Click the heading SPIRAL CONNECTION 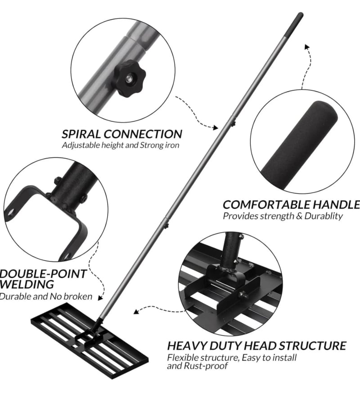pos(122,134)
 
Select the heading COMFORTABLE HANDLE pos(291,205)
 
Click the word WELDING pos(27,284)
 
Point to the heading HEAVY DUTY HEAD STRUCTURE pos(256,346)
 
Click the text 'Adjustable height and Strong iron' pos(121,145)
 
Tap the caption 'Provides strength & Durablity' pos(283,216)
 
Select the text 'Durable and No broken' pos(46,296)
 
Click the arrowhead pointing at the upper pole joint pos(215,127)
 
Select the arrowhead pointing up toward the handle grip pos(307,47)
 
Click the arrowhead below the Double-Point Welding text pos(100,298)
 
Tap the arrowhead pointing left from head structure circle pos(136,312)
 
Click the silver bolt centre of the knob pos(129,79)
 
